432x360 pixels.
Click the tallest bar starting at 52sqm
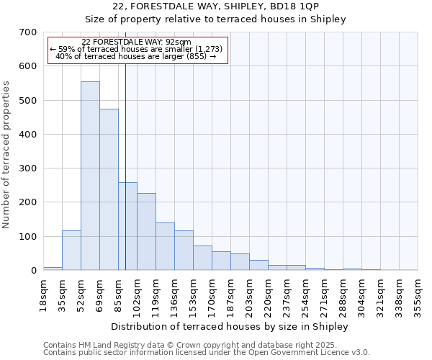[x=90, y=176]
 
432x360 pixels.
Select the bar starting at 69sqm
[x=109, y=189]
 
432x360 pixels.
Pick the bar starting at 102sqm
[x=146, y=231]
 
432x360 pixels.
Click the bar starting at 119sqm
[x=165, y=246]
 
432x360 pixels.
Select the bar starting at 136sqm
[x=184, y=250]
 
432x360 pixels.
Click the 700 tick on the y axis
[x=28, y=32]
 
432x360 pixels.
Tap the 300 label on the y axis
[x=28, y=168]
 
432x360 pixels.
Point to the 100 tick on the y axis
[x=28, y=237]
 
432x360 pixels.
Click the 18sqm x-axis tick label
[x=43, y=292]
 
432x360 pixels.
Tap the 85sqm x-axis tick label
[x=118, y=292]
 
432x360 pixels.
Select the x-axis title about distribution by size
[x=230, y=326]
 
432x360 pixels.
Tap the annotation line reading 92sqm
[x=137, y=42]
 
